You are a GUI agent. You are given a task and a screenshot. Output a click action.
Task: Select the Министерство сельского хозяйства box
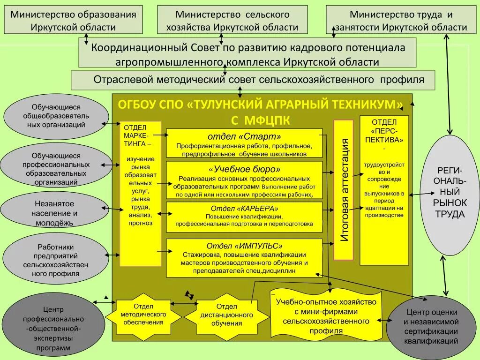(x=232, y=20)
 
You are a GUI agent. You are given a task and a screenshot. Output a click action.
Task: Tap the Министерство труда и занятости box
(x=401, y=20)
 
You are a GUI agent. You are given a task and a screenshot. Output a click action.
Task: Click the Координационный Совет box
(x=247, y=54)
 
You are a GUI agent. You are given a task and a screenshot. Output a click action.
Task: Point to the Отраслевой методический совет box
(x=253, y=80)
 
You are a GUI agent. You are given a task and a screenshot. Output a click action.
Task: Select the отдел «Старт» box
(x=244, y=143)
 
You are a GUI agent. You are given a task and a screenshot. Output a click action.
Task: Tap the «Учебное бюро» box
(x=244, y=180)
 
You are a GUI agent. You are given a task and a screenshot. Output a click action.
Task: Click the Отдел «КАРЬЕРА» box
(x=244, y=217)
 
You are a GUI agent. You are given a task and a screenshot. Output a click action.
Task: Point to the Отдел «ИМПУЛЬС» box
(x=244, y=256)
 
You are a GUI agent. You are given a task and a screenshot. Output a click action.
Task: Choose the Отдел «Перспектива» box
(x=384, y=190)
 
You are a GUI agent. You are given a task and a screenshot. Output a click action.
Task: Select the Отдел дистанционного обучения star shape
(x=226, y=315)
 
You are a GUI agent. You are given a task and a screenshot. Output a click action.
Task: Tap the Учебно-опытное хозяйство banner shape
(x=326, y=317)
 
